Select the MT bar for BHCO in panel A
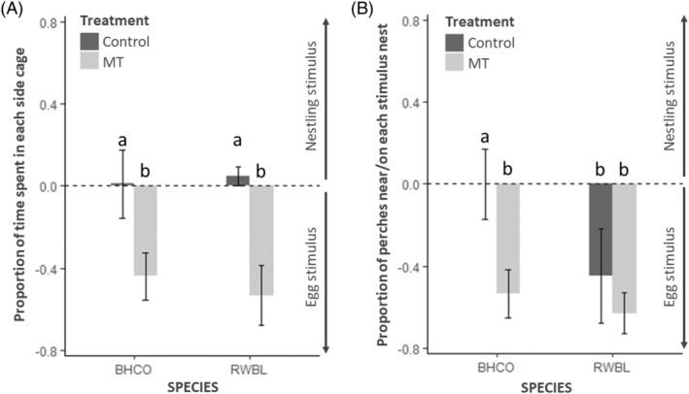click(x=146, y=230)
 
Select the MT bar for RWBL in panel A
click(x=262, y=240)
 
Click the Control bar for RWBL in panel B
click(x=600, y=229)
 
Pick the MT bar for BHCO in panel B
click(x=508, y=238)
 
